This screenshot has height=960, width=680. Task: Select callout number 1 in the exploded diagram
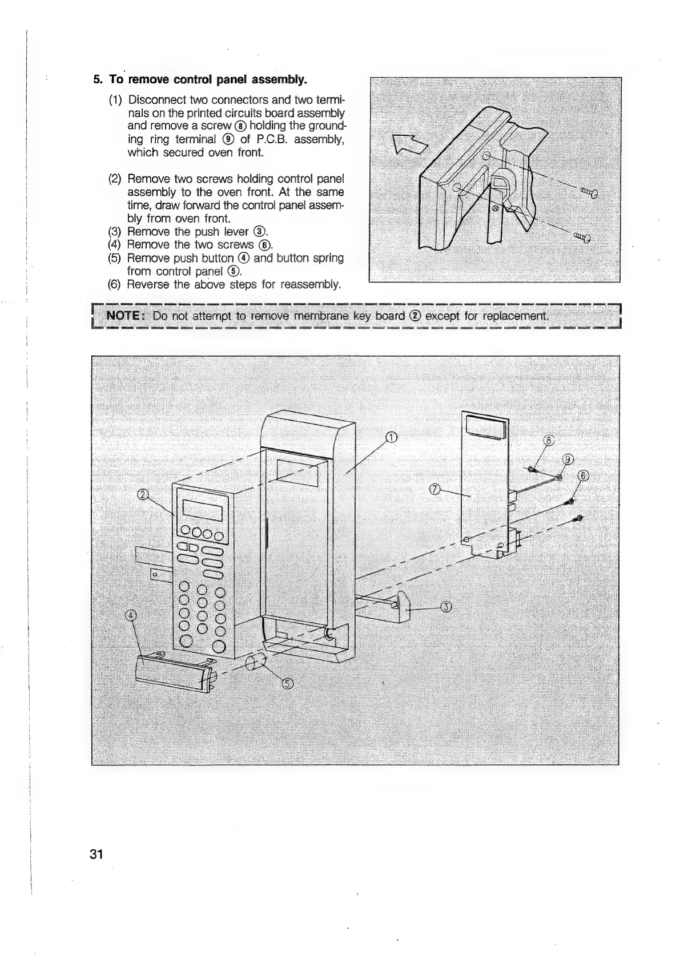(x=391, y=437)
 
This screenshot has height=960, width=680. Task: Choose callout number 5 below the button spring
(x=288, y=684)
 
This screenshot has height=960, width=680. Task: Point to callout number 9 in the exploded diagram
(x=568, y=460)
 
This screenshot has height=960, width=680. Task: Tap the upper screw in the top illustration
(x=588, y=193)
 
